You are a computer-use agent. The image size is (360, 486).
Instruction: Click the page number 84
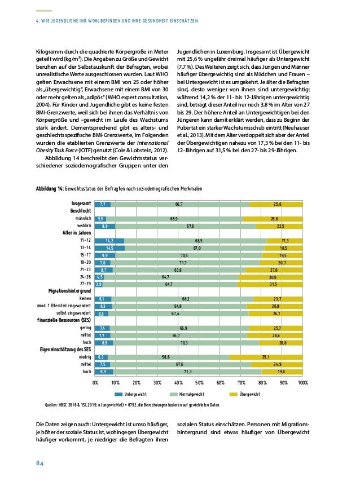click(40, 463)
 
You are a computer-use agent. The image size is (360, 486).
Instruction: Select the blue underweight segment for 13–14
click(109, 248)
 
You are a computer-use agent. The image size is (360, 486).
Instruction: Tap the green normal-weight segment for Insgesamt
click(179, 204)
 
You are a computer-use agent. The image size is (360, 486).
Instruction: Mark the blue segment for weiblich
click(105, 226)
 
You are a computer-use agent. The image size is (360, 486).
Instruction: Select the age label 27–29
click(85, 285)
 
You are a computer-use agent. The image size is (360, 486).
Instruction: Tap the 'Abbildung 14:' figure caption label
click(50, 188)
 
